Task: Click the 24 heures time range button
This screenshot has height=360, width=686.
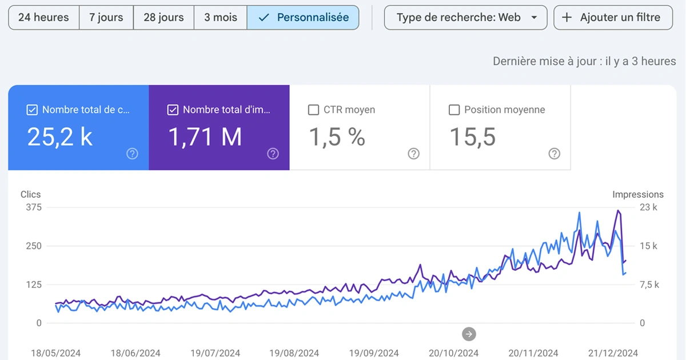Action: [x=43, y=18]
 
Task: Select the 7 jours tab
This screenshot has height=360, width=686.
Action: [x=106, y=18]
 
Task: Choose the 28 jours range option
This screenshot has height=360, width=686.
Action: [x=163, y=18]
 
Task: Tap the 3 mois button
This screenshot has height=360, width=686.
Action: [x=221, y=18]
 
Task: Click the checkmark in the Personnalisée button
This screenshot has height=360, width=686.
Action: [x=264, y=18]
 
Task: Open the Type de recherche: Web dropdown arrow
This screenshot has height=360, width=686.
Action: [x=535, y=18]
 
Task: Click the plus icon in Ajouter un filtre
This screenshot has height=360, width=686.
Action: [x=567, y=18]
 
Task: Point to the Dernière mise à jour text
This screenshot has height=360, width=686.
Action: [x=584, y=61]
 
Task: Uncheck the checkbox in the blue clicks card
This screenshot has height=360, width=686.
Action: [x=33, y=110]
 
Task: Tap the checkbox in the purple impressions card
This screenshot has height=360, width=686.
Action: [x=173, y=110]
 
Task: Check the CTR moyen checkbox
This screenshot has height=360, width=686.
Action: [x=313, y=110]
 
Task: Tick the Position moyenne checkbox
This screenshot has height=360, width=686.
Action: [x=454, y=110]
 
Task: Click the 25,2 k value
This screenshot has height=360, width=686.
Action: [x=60, y=138]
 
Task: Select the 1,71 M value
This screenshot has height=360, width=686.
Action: [x=205, y=138]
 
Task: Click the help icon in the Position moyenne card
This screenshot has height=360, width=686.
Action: [x=554, y=154]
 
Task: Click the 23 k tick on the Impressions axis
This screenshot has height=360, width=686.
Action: [x=648, y=207]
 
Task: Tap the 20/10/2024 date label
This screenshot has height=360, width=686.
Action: [x=454, y=353]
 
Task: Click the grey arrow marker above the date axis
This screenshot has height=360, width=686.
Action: [x=469, y=334]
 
